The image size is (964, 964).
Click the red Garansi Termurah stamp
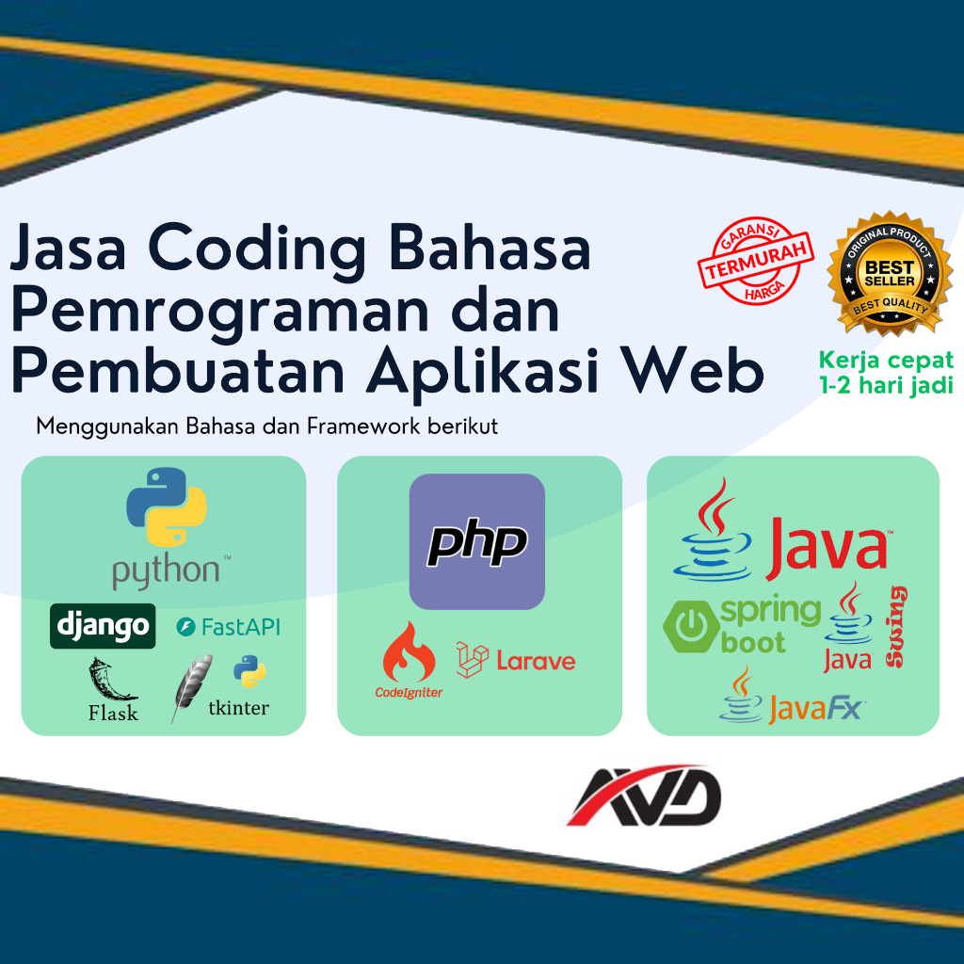click(756, 261)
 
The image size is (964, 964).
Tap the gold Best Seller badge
click(890, 272)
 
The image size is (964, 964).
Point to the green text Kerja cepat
click(886, 360)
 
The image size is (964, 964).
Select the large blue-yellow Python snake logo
click(166, 506)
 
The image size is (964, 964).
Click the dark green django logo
click(103, 626)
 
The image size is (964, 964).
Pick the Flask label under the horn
click(113, 714)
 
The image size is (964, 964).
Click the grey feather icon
click(192, 686)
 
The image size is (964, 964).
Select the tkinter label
click(238, 708)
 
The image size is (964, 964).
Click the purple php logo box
click(477, 541)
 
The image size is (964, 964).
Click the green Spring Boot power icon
click(691, 626)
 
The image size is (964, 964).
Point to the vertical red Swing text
click(896, 626)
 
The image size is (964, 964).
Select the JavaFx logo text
click(814, 709)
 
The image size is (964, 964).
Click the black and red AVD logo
click(644, 795)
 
